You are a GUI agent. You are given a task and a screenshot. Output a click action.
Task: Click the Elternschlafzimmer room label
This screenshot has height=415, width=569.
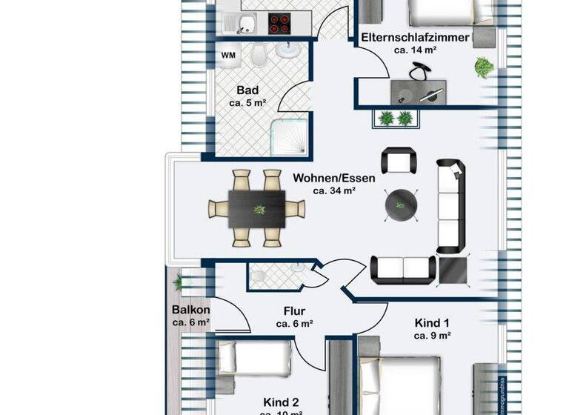pos(414,37)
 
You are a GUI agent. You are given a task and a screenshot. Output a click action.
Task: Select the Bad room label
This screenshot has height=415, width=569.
pos(247,90)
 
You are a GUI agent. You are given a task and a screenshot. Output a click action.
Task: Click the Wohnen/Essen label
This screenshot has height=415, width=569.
pos(334,178)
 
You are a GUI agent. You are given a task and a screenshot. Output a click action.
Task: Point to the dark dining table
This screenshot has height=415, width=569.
pos(256,208)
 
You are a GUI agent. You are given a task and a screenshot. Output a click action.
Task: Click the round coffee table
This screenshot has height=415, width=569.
pos(402,205)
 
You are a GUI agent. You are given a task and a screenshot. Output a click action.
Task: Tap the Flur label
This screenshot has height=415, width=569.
pos(294,311)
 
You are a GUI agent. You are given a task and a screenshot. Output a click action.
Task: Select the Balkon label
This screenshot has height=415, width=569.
pos(190,310)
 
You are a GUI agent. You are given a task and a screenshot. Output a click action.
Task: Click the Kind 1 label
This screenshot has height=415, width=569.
pos(433,322)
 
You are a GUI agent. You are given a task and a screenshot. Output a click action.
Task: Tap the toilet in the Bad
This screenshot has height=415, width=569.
pos(259,53)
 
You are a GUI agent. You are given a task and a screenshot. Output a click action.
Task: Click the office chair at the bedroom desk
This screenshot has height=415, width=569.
pos(420,71)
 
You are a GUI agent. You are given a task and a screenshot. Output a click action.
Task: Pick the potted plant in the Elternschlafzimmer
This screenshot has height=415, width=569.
pos(484,67)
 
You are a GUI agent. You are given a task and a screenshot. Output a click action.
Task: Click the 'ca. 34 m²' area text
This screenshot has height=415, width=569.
pos(334,190)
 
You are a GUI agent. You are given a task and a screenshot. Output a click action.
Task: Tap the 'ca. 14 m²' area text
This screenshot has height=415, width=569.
pos(414,50)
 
